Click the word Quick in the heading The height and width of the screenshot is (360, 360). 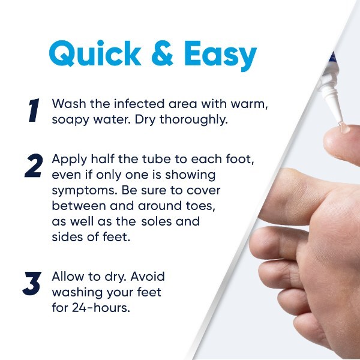pos(95,54)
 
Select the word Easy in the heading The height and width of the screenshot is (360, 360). pos(221,56)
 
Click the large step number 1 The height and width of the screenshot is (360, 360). pos(34,110)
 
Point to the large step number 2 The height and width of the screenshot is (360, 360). pos(34,166)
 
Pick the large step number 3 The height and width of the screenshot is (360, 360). pos(32,283)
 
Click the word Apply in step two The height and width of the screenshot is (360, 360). pos(69,160)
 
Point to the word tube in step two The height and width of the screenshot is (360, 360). pos(157,159)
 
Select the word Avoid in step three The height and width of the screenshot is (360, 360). pos(148,277)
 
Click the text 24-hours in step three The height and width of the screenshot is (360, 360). pos(101,308)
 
